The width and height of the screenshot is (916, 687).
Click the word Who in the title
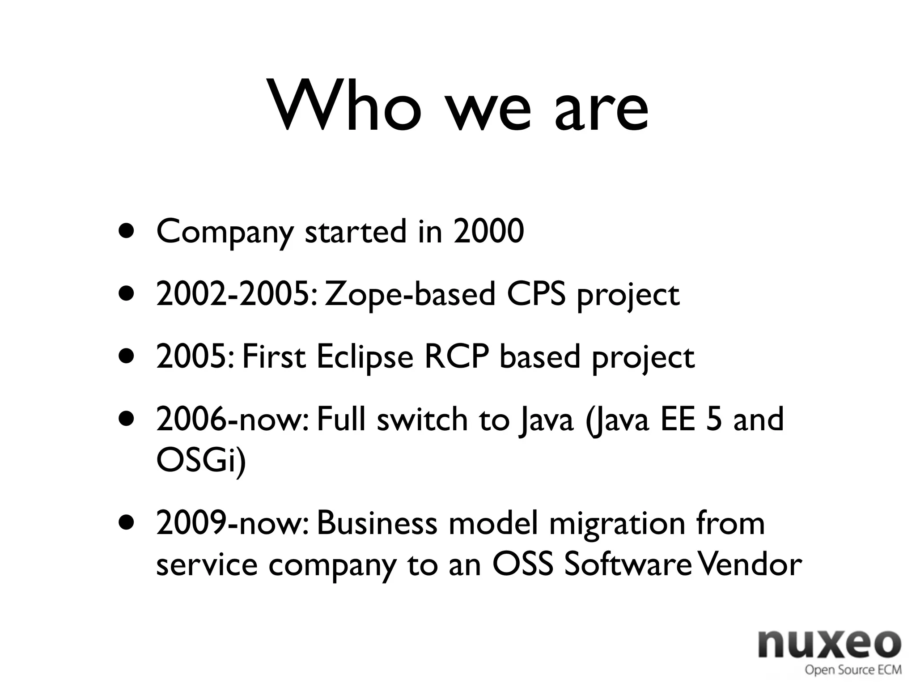pos(344,107)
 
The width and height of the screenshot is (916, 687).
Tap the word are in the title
pos(601,112)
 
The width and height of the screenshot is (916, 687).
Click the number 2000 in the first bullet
pos(488,232)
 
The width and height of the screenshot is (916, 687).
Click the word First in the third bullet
pos(274,357)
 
